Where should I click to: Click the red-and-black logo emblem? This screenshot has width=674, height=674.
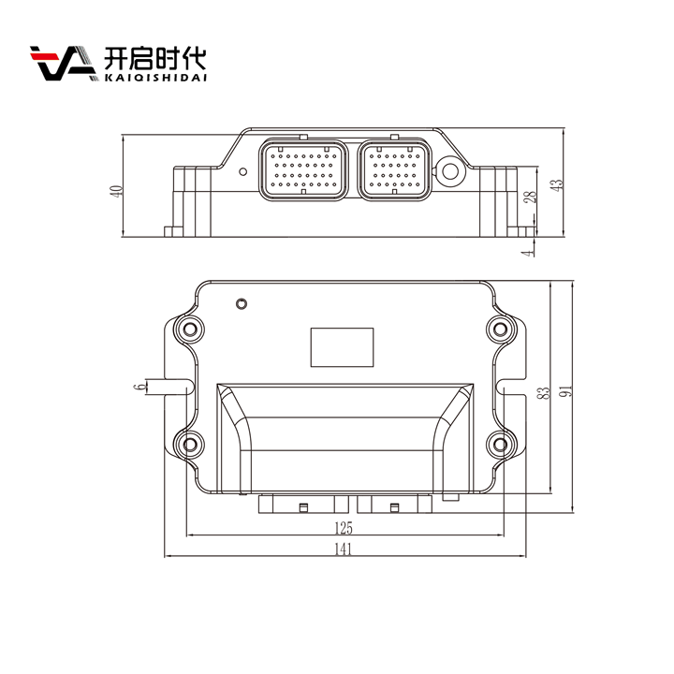[63, 63]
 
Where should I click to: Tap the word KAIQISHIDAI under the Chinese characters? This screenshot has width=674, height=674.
[155, 78]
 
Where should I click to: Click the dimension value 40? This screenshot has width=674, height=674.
[117, 191]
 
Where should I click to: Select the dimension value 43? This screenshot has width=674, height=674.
[557, 184]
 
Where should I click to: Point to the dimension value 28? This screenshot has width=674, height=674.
[532, 197]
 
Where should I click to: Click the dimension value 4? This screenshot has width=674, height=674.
[527, 253]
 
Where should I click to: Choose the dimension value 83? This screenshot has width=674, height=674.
[544, 393]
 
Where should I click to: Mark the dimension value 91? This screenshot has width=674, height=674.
[566, 391]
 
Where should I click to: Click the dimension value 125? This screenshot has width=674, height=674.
[344, 528]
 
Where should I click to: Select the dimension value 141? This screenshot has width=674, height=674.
[343, 549]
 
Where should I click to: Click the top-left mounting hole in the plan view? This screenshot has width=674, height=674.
[190, 330]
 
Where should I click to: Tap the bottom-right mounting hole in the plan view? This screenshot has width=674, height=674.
[500, 444]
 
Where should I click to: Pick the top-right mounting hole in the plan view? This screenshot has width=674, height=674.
[500, 330]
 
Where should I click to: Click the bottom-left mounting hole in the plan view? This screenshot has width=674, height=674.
[190, 444]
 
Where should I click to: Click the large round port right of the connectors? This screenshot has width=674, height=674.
[449, 172]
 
